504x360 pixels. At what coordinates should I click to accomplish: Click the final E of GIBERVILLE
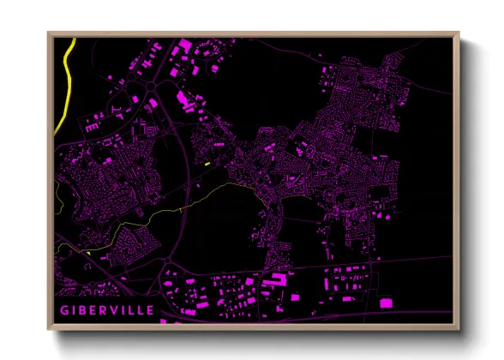(152, 309)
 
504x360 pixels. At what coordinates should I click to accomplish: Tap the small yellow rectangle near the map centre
(207, 162)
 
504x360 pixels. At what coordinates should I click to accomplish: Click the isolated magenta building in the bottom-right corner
(385, 302)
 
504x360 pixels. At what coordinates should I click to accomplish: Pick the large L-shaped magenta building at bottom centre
(277, 281)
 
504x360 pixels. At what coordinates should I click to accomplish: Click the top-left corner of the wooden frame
(49, 34)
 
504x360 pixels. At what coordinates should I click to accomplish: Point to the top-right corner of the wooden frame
(459, 34)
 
